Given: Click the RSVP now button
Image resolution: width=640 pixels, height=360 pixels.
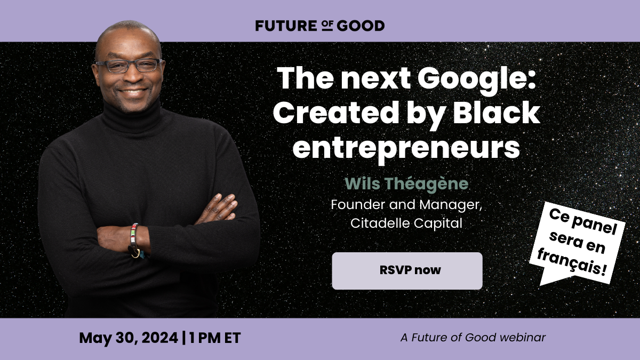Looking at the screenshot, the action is (x=407, y=270).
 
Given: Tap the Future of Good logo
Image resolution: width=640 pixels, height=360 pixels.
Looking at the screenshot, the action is (x=320, y=26).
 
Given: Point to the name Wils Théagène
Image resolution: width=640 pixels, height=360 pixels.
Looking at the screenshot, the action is (x=406, y=183).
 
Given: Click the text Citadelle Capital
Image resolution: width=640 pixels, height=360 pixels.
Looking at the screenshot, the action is (x=406, y=223).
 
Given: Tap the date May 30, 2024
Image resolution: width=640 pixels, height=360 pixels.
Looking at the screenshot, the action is (x=129, y=338).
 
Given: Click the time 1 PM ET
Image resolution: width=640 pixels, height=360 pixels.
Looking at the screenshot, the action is (x=214, y=338).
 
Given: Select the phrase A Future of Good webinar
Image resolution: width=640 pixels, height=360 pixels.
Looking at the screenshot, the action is (x=473, y=338).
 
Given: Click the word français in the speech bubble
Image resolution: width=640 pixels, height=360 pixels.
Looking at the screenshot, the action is (x=572, y=263).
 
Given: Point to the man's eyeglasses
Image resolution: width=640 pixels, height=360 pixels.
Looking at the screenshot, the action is (x=130, y=66).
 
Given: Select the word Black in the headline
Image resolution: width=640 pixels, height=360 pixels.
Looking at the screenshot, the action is (x=497, y=114).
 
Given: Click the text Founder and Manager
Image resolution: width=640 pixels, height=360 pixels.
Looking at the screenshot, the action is (x=406, y=205).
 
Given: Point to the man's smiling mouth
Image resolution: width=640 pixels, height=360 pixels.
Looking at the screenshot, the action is (x=133, y=92).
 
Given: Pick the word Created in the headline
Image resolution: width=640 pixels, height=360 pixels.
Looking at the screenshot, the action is (x=335, y=114).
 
